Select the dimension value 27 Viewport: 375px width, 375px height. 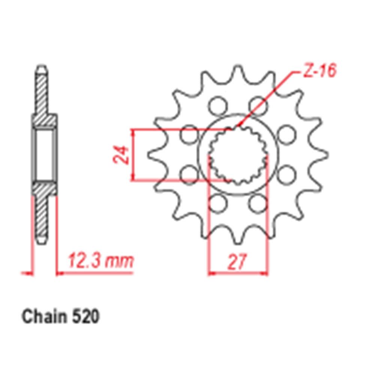pyautogui.click(x=237, y=261)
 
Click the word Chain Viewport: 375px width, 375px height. pyautogui.click(x=43, y=317)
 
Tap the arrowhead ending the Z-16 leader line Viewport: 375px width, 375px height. pyautogui.click(x=239, y=124)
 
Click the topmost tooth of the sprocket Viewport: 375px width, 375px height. pyautogui.click(x=237, y=71)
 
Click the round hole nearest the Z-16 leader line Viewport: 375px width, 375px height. pyautogui.click(x=258, y=104)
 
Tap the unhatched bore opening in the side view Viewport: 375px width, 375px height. pyautogui.click(x=44, y=154)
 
